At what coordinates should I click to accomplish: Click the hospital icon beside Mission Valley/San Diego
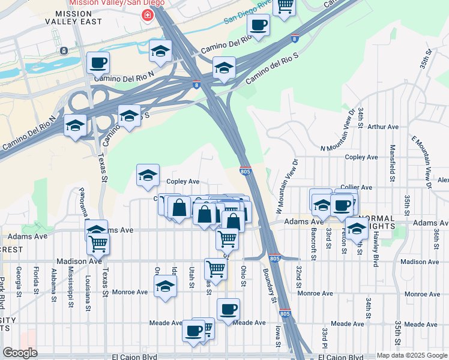point(145,15)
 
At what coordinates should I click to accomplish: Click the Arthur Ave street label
point(383,127)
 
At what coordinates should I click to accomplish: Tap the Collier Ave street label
point(356,187)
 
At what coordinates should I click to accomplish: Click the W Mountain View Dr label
point(287,187)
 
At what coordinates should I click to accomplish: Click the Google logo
point(20,353)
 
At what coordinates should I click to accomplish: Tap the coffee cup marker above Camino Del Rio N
point(98,62)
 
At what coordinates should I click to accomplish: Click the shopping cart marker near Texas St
point(97,243)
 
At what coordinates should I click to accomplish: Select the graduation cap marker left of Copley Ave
point(148,175)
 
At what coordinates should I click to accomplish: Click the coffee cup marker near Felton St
point(342,205)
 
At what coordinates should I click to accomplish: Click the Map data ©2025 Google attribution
point(411,355)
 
